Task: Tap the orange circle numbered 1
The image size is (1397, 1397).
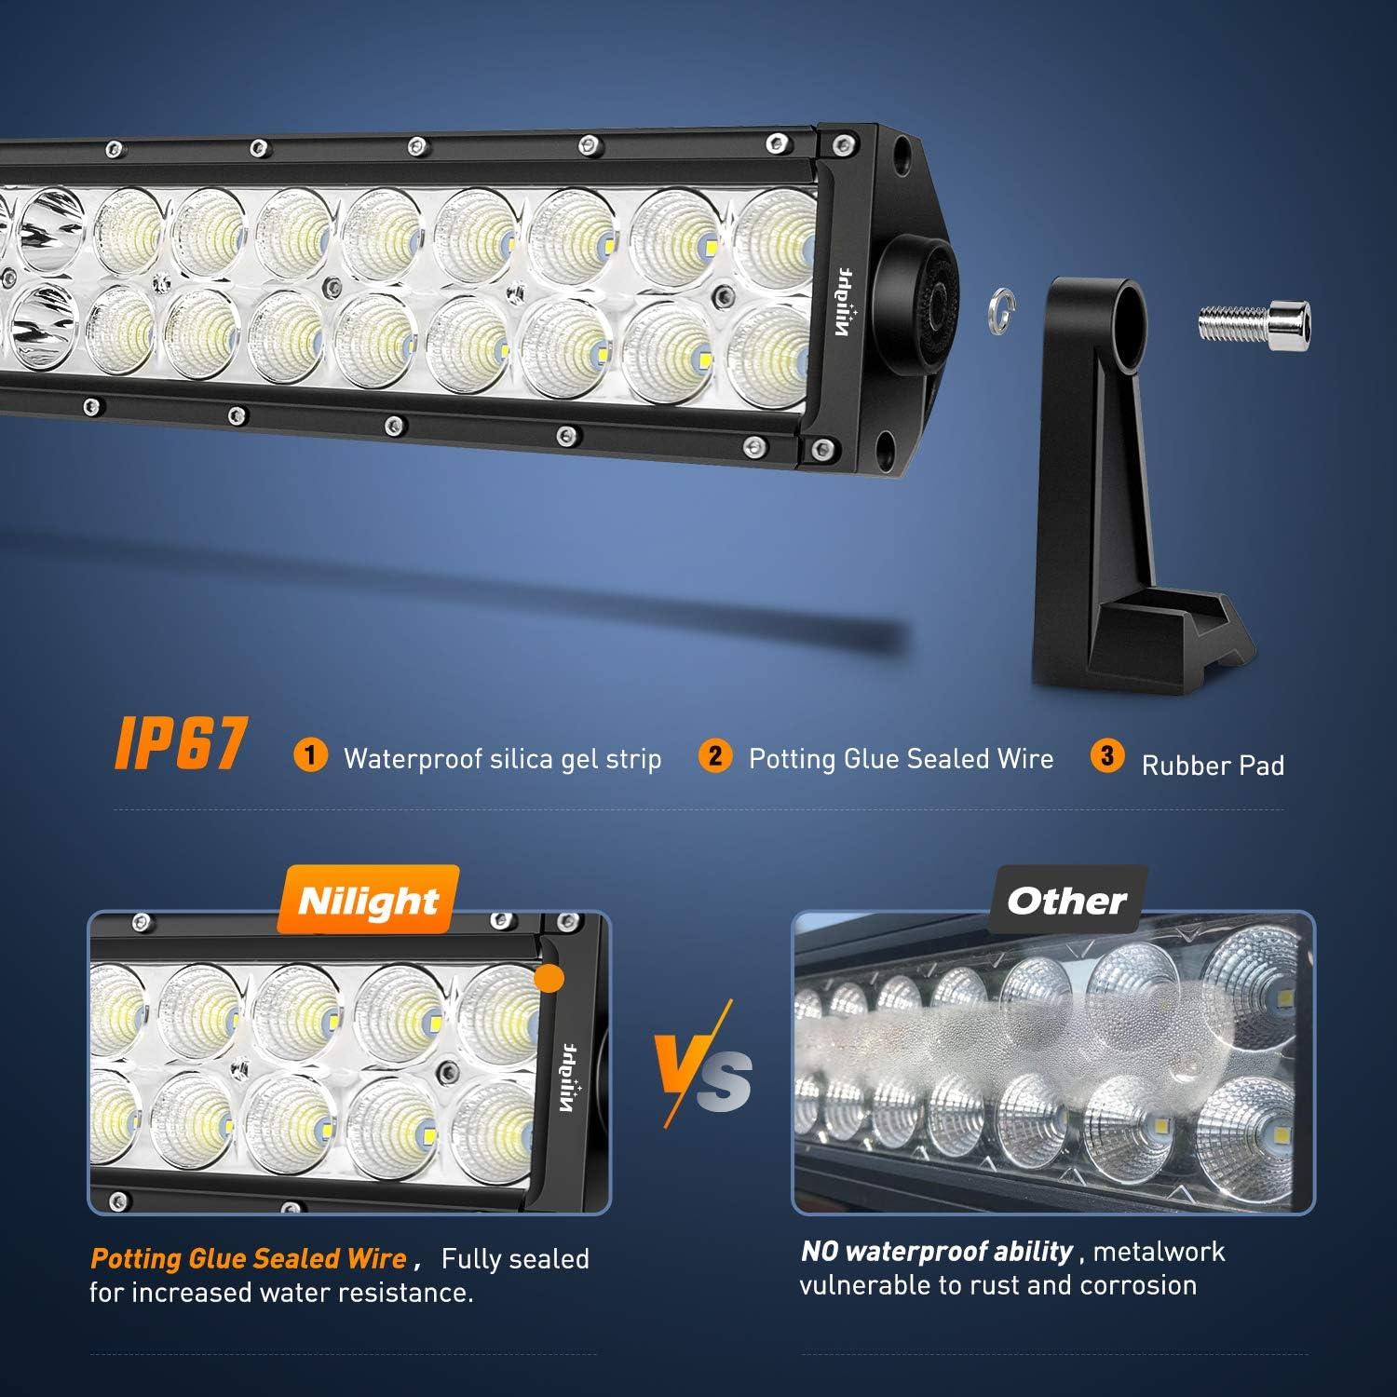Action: pyautogui.click(x=310, y=754)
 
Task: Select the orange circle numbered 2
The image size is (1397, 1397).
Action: pyautogui.click(x=714, y=754)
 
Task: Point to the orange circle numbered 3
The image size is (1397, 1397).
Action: pyautogui.click(x=1107, y=755)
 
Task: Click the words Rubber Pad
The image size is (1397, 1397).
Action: pyautogui.click(x=1213, y=766)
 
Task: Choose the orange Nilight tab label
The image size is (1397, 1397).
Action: pyautogui.click(x=368, y=901)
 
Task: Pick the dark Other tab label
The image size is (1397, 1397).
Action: pyautogui.click(x=1067, y=901)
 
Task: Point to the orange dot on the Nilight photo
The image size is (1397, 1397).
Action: pyautogui.click(x=551, y=979)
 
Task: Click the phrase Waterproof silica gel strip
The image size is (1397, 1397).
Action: pyautogui.click(x=502, y=759)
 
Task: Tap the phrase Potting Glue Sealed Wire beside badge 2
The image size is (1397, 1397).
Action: pyautogui.click(x=901, y=759)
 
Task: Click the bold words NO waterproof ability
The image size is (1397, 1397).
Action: pyautogui.click(x=937, y=1251)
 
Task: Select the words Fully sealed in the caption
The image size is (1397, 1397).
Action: pyautogui.click(x=515, y=1259)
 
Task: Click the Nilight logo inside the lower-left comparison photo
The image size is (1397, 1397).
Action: pyautogui.click(x=569, y=1077)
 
